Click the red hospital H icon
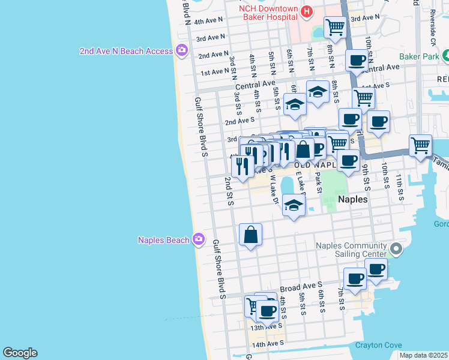[307, 11]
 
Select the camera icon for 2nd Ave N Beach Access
[181, 51]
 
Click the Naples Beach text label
[163, 240]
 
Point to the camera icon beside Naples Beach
[199, 240]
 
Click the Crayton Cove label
[376, 345]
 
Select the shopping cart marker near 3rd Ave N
[335, 26]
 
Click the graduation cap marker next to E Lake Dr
[293, 206]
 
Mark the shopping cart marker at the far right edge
[420, 145]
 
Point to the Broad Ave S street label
[301, 287]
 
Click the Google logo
[20, 352]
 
